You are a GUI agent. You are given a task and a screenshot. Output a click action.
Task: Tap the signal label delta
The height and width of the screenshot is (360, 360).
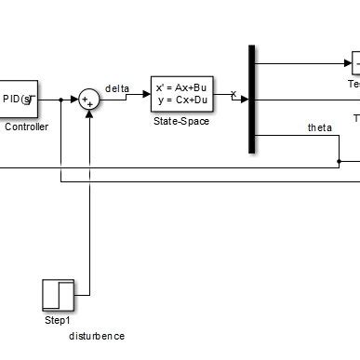[117, 89]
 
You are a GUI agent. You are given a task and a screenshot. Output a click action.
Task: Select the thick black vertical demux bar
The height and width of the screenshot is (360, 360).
[253, 98]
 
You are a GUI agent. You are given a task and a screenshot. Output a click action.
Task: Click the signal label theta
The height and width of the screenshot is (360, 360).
[319, 127]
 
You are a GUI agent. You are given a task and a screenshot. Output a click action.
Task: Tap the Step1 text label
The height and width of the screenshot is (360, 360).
[58, 320]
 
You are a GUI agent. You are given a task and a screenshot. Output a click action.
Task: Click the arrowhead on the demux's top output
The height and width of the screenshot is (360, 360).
[346, 63]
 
